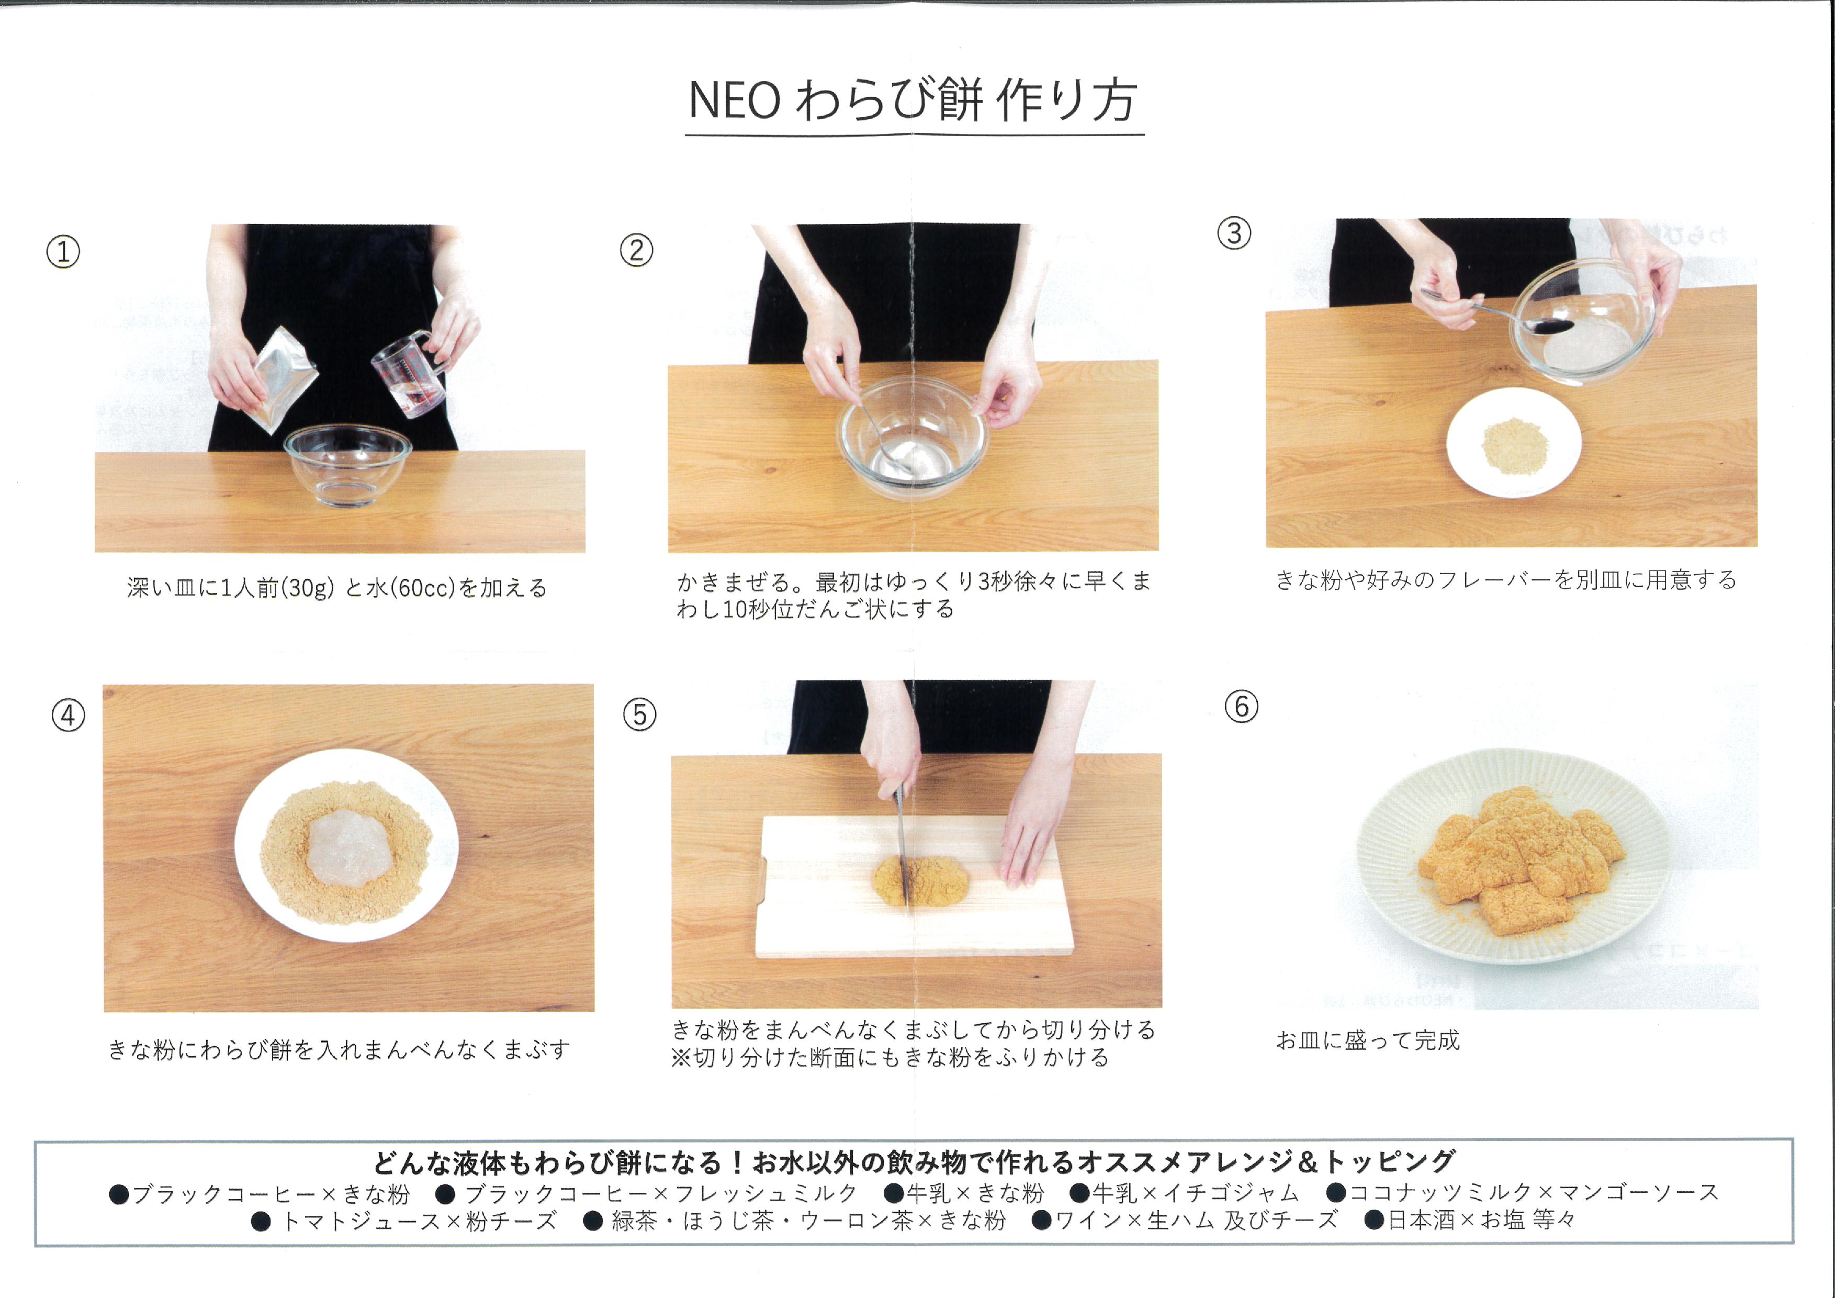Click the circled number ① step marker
click(x=63, y=253)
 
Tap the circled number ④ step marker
click(x=68, y=715)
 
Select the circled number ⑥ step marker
click(x=1241, y=707)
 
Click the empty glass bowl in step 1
click(x=347, y=466)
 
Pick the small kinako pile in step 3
click(x=1514, y=444)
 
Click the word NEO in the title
click(x=734, y=102)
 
